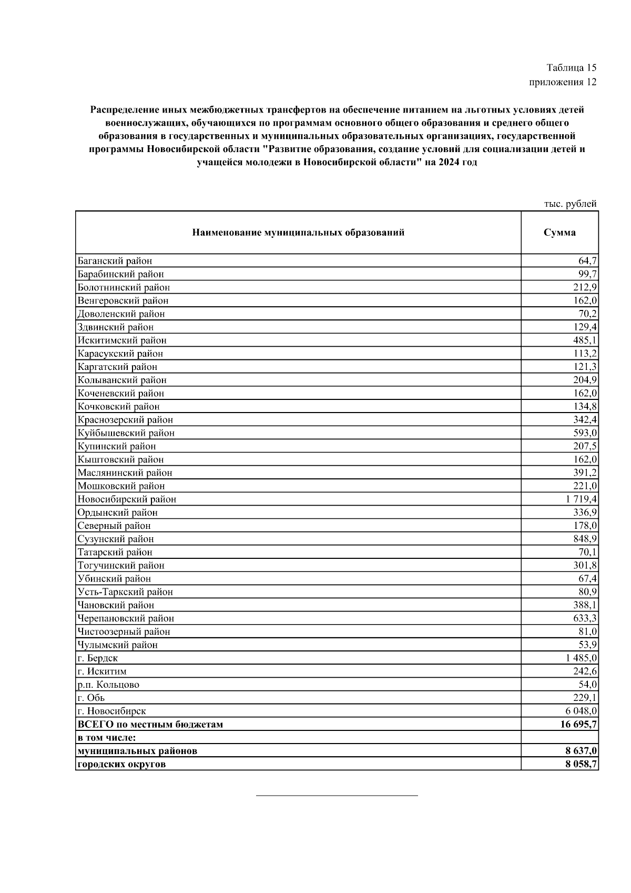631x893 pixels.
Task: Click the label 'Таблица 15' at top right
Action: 571,68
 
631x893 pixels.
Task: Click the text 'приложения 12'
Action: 563,82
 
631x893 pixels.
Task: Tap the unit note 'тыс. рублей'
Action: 570,204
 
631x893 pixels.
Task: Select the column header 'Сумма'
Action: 559,233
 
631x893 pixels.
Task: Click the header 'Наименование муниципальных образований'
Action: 298,233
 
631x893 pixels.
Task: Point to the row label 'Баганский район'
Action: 115,261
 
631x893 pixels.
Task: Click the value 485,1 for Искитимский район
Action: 585,340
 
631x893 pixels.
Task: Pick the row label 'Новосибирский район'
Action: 127,499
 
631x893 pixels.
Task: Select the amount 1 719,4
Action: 582,499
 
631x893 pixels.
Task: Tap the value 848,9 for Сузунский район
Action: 585,539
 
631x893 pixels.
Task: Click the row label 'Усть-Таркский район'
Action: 125,592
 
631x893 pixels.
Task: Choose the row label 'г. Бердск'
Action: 98,658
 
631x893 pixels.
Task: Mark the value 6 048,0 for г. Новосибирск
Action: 582,711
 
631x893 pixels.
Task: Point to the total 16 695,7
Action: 578,725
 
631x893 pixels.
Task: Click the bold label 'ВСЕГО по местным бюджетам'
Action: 150,725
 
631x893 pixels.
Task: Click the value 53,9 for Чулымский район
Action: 587,645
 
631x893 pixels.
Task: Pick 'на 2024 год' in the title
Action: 451,163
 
